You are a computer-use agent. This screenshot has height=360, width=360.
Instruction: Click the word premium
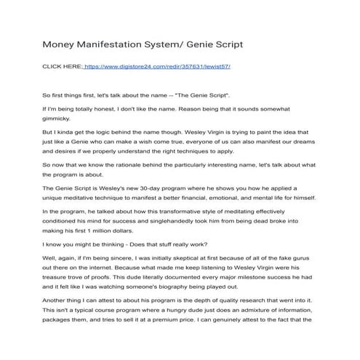click(176, 322)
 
